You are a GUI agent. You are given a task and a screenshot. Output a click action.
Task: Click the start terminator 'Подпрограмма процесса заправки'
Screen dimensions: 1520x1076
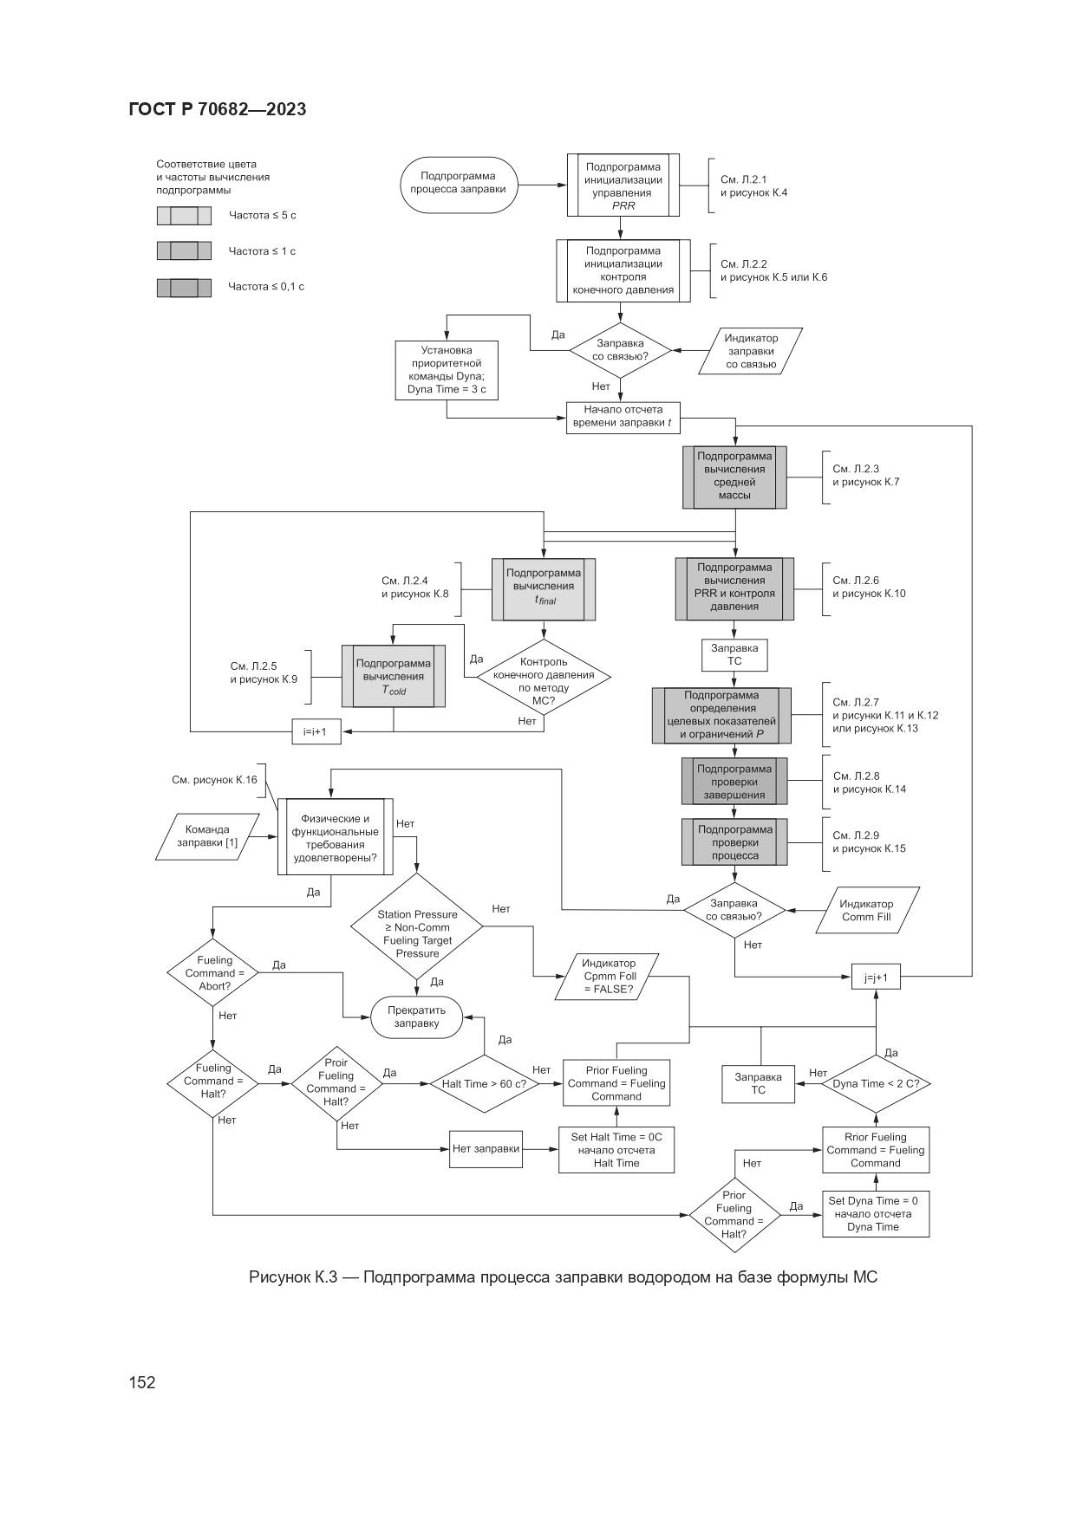pos(458,184)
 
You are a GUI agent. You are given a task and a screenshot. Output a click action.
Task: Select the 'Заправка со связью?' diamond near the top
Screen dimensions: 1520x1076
pos(620,350)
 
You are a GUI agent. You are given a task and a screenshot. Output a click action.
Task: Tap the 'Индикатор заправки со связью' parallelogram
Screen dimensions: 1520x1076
pos(751,351)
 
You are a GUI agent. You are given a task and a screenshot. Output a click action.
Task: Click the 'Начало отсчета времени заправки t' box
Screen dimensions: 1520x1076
pos(623,417)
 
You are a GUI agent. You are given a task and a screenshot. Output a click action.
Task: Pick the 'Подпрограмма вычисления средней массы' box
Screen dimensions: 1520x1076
pos(734,477)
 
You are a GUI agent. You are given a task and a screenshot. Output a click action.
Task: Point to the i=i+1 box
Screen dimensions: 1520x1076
pos(316,731)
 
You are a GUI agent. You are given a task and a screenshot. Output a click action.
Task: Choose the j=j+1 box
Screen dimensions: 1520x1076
pos(876,978)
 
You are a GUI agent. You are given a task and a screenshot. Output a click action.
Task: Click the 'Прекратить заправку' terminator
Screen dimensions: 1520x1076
pos(416,1017)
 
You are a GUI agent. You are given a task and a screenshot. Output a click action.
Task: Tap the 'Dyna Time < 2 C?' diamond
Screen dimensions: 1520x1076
pos(876,1083)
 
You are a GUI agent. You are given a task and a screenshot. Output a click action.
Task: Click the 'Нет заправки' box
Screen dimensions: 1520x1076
pos(486,1149)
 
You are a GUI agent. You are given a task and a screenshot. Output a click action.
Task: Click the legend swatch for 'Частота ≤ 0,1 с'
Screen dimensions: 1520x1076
pos(184,288)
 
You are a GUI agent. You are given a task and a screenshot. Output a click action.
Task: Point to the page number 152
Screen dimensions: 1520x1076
pos(142,1382)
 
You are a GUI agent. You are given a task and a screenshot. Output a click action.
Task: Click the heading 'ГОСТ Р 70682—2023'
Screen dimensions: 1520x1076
pos(217,109)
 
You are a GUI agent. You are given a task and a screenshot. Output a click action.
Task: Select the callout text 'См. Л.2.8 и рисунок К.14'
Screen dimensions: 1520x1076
pos(869,783)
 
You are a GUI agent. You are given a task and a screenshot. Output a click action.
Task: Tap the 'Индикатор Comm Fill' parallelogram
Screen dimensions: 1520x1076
pos(867,910)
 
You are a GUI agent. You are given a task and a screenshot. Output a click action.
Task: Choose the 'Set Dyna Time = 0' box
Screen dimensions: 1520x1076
pos(875,1213)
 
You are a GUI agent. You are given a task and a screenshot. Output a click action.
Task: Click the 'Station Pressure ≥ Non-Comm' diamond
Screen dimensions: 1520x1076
pos(417,927)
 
